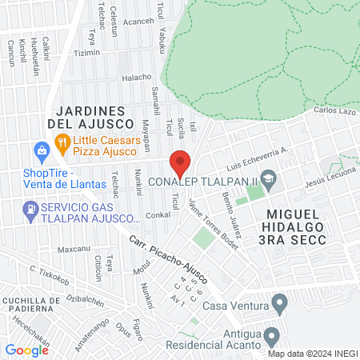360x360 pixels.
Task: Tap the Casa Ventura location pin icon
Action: point(279,303)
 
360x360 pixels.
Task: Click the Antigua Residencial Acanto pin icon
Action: point(271,335)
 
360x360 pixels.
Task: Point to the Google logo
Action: point(27,350)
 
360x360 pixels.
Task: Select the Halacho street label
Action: point(136,78)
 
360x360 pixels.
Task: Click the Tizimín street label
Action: point(87,54)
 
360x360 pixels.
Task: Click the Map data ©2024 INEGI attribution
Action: point(312,354)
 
